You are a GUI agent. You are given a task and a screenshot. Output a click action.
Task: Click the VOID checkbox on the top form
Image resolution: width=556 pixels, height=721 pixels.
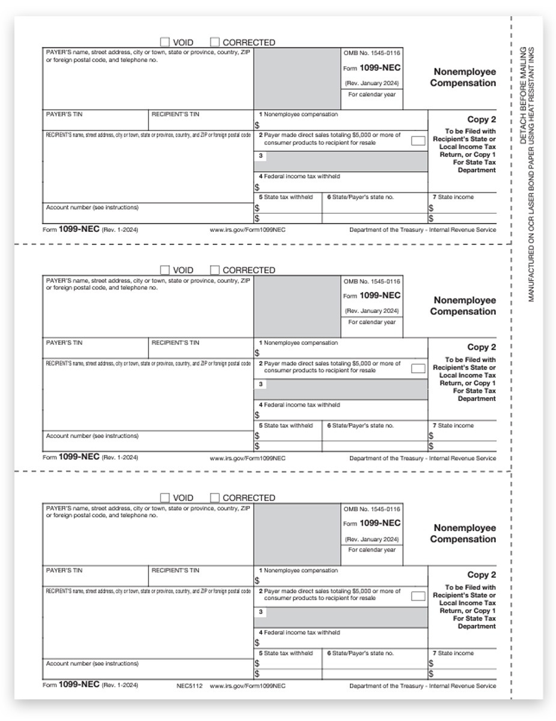tap(165, 42)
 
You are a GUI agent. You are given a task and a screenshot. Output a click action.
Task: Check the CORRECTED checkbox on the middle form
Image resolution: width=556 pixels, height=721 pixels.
tap(215, 270)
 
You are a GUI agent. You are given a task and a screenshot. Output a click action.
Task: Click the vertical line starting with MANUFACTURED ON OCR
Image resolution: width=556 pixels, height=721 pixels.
tap(531, 174)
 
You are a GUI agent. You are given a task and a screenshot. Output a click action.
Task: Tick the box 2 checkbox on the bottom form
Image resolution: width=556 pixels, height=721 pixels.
tap(418, 597)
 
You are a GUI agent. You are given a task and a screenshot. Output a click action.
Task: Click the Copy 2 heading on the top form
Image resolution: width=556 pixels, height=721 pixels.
tap(481, 120)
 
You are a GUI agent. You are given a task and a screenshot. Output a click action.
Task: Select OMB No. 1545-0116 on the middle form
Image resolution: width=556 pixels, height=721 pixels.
tap(371, 281)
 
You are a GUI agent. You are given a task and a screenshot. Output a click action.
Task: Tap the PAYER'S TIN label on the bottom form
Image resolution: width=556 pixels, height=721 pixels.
tap(64, 570)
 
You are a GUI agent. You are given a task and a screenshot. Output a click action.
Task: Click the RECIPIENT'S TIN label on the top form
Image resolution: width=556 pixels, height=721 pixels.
tap(175, 114)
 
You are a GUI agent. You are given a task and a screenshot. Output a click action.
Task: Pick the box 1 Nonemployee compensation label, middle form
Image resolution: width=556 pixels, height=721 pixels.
tap(298, 343)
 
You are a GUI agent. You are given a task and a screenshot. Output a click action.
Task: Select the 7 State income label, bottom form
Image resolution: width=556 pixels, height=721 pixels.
tap(453, 653)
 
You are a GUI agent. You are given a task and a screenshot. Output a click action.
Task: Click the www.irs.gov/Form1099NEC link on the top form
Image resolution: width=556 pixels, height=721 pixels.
tap(247, 230)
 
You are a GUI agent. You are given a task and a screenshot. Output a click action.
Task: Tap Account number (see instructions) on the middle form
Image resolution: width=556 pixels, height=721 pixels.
tap(92, 436)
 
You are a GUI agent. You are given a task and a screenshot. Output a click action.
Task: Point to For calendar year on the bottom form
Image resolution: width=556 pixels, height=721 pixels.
tap(372, 550)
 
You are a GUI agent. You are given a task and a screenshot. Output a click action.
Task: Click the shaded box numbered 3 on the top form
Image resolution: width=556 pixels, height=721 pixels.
tap(340, 161)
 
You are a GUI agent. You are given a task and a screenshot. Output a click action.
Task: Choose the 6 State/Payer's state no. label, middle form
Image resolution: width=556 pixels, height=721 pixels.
tap(360, 425)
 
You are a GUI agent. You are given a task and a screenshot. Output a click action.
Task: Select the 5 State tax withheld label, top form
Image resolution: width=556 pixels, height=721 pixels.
tap(286, 197)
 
